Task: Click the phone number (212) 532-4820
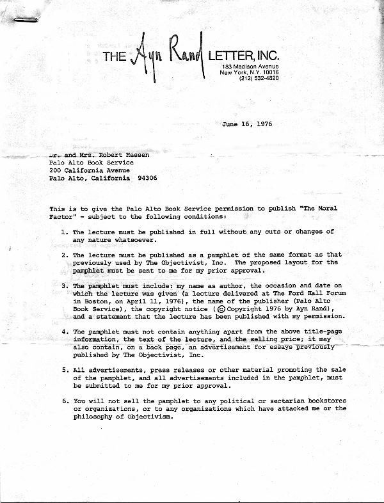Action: point(259,79)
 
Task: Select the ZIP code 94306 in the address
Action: point(146,179)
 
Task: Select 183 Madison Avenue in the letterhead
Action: point(250,67)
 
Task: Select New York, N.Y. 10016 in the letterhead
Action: point(250,73)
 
